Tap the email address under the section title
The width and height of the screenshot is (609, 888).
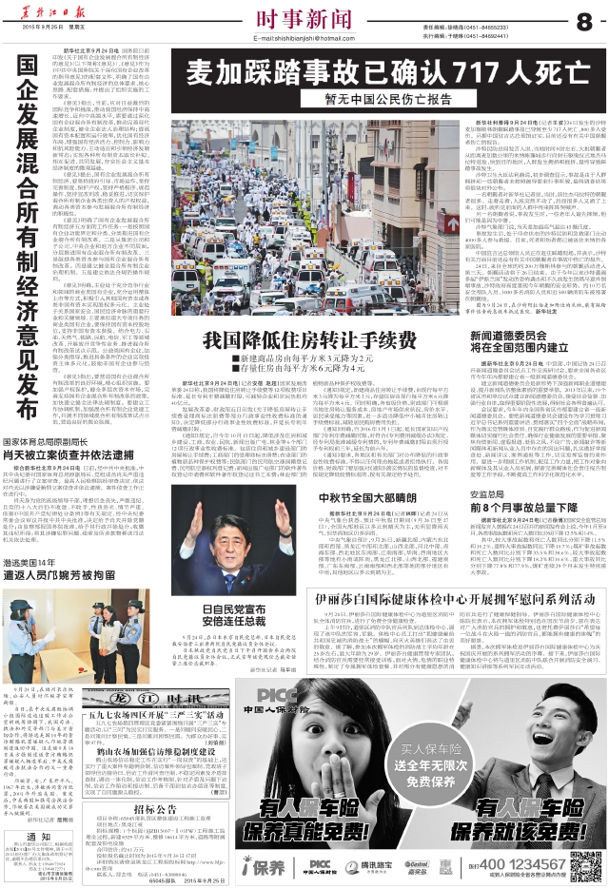(302, 38)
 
